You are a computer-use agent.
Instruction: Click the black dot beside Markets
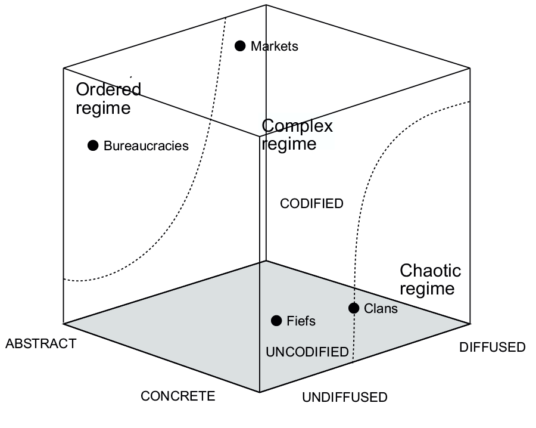(x=240, y=46)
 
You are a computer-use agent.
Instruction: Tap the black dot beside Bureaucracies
(x=93, y=145)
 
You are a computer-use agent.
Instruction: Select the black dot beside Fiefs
(x=276, y=321)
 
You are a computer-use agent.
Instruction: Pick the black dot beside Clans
(x=354, y=308)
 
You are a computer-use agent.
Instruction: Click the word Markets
(x=274, y=46)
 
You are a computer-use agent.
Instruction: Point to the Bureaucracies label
(x=146, y=145)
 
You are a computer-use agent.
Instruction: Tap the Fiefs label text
(x=301, y=321)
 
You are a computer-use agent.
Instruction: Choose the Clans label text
(x=381, y=309)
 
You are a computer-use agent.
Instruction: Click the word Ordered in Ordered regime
(x=108, y=90)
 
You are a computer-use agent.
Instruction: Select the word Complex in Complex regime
(x=297, y=126)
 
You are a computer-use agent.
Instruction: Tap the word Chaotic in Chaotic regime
(x=430, y=271)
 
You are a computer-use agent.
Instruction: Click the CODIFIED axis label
(x=311, y=204)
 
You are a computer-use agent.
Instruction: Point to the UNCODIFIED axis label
(x=307, y=352)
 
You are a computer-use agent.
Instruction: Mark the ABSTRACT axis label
(x=40, y=344)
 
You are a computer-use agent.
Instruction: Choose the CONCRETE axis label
(x=177, y=396)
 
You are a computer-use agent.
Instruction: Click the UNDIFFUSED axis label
(x=344, y=398)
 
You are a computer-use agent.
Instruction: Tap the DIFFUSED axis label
(x=492, y=348)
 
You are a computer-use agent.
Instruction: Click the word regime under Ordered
(x=103, y=109)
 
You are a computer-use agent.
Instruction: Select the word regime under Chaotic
(x=427, y=289)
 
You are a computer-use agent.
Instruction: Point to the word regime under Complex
(x=289, y=144)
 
